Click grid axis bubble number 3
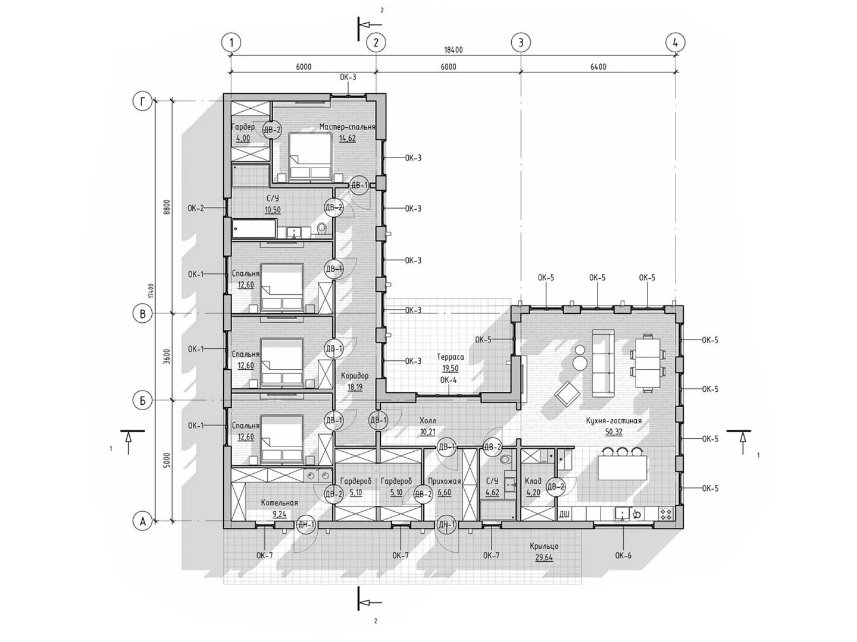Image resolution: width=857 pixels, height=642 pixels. [520, 42]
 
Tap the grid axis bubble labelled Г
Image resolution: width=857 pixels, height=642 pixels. [142, 102]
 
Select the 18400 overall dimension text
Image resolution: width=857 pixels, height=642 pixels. [453, 50]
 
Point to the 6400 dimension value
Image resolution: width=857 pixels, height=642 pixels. [598, 67]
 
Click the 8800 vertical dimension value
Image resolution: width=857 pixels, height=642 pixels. [167, 209]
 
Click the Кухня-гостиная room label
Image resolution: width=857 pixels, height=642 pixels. [614, 421]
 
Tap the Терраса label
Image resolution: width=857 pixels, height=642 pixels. [450, 357]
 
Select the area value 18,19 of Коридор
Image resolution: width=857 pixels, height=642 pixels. [355, 387]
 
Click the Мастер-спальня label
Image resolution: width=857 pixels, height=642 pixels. [347, 127]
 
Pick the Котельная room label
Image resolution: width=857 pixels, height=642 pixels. [280, 503]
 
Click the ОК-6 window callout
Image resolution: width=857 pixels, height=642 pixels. [623, 555]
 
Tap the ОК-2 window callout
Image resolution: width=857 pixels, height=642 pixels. [196, 208]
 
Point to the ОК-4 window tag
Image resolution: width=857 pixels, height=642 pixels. [448, 380]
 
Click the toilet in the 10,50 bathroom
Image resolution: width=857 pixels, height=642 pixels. [322, 228]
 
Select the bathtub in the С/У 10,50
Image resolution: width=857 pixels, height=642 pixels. [254, 229]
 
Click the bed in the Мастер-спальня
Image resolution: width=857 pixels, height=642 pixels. [311, 157]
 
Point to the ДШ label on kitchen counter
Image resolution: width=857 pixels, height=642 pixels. [564, 515]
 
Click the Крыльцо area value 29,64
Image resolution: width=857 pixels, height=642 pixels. [544, 558]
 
